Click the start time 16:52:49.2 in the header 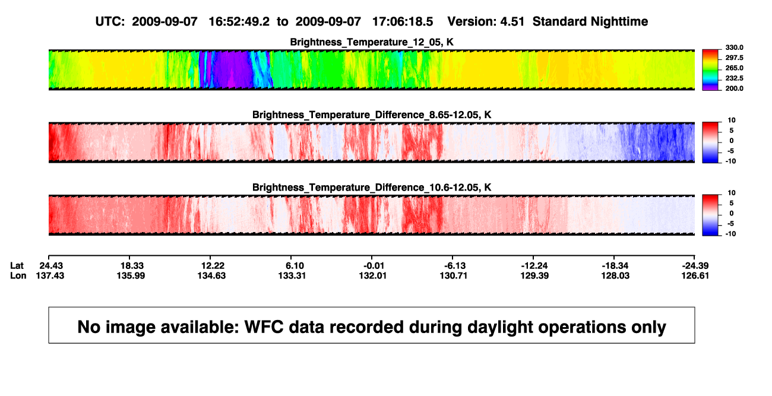point(239,21)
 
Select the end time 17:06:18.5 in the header point(403,21)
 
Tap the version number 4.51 point(512,21)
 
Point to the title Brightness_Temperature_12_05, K point(372,42)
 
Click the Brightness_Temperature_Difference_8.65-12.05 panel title point(372,115)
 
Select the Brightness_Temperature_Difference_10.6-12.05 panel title point(372,188)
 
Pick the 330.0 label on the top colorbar point(734,47)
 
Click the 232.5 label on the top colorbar point(734,78)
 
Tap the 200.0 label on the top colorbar point(734,88)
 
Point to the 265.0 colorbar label point(734,68)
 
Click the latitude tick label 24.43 point(51,266)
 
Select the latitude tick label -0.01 point(374,266)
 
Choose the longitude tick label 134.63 point(211,275)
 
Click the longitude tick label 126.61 point(695,275)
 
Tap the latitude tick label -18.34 point(615,266)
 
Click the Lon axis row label point(18,275)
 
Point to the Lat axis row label point(17,266)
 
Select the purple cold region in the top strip point(230,69)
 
